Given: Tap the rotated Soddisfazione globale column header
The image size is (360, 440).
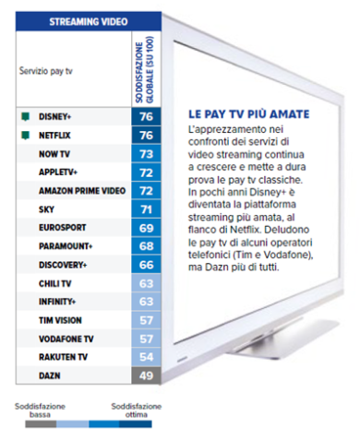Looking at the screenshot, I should coord(145,68).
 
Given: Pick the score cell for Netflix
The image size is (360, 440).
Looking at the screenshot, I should coord(146,136).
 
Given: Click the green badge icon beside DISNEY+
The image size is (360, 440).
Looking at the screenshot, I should coord(24,117).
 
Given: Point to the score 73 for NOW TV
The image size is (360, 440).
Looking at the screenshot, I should coord(146,154).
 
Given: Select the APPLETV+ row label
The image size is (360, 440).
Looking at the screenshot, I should coord(58,172).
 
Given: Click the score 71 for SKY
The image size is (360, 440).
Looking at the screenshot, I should coord(146,209).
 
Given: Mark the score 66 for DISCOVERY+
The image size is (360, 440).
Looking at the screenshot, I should coord(146,265).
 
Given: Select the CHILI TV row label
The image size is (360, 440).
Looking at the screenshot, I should coord(56,282).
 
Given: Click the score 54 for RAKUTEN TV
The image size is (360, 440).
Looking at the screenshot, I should coord(146,356).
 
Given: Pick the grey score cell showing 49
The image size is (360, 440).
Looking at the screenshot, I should coord(146,375).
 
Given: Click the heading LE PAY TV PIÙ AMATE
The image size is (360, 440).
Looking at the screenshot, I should coord(243,114).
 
